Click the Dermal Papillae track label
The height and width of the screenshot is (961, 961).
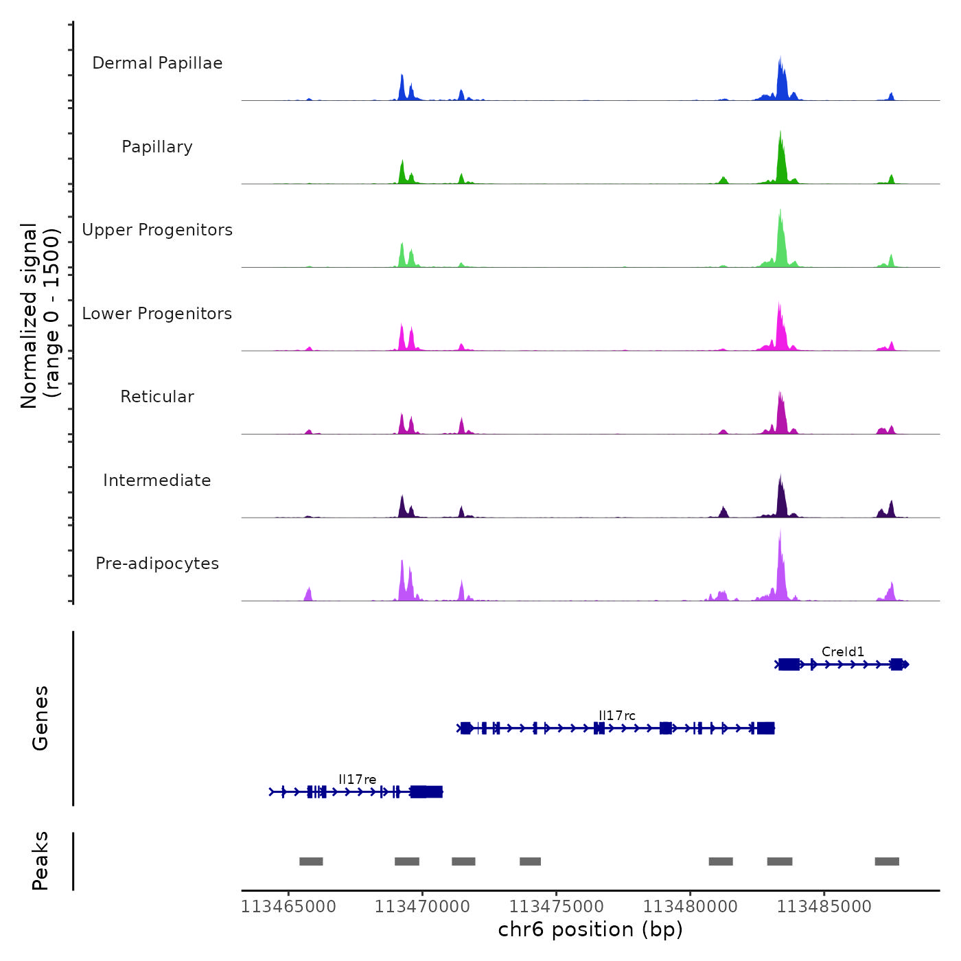point(157,63)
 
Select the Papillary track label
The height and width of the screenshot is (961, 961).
point(157,147)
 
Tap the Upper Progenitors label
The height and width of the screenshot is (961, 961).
point(157,230)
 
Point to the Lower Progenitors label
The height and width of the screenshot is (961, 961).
point(157,314)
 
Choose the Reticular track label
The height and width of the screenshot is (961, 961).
point(157,397)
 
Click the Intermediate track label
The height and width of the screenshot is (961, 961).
point(157,480)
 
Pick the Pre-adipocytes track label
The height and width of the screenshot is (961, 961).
point(157,564)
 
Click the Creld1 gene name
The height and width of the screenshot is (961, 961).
point(843,651)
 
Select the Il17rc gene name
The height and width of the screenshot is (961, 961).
point(617,715)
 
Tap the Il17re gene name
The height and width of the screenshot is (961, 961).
point(358,779)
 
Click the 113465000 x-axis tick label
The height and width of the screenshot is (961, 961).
point(288,907)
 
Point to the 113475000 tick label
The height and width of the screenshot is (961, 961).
point(556,907)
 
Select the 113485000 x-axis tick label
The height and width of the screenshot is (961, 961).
point(824,907)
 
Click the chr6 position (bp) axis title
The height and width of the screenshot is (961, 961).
point(590,929)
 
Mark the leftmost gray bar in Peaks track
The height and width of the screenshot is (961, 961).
point(311,861)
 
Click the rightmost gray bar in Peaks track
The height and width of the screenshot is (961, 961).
point(887,861)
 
